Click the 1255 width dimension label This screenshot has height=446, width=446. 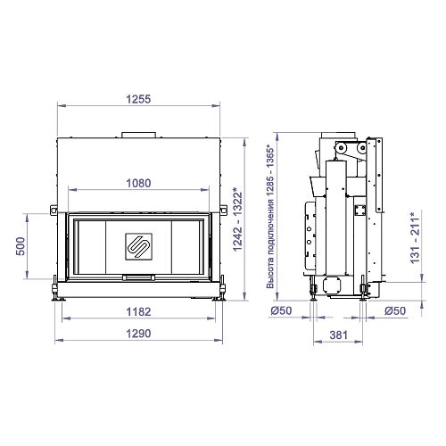coord(138,99)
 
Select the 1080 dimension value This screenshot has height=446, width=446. coord(138,183)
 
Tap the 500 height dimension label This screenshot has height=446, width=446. coord(21,246)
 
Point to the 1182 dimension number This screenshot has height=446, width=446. coord(138,312)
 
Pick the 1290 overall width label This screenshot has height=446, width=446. coord(138,334)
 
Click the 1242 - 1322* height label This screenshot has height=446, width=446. coord(237,219)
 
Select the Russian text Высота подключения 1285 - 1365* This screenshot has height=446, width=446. coord(270,217)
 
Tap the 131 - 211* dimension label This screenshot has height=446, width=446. coord(415,237)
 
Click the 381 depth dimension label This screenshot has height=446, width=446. coord(338,335)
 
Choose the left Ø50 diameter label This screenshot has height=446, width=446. coord(281,310)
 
